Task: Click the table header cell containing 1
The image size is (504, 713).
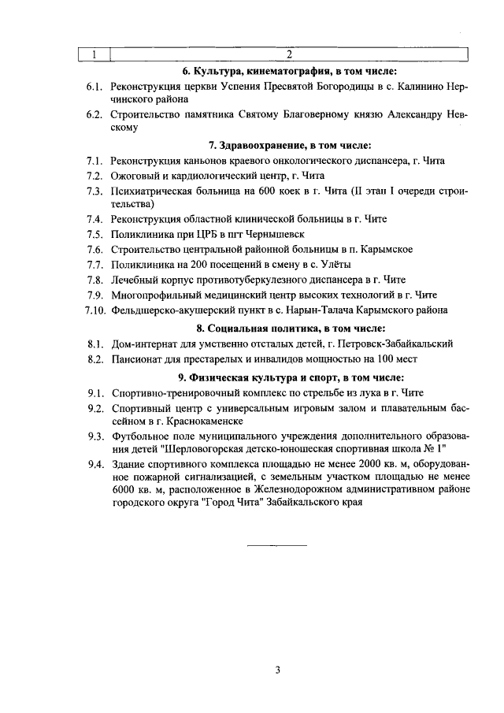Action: [94, 54]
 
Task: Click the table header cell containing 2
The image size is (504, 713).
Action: [289, 54]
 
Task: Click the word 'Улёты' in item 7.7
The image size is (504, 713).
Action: [333, 264]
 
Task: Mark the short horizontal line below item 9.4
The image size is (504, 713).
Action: [277, 545]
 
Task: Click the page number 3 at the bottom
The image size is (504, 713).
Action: [277, 670]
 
